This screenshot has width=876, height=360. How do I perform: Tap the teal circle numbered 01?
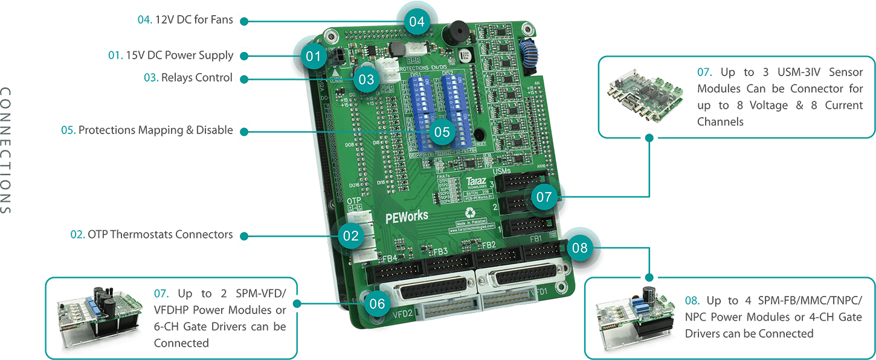tap(312, 57)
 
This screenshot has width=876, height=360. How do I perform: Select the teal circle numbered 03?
tap(366, 79)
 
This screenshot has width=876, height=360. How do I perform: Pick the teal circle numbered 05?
tap(442, 131)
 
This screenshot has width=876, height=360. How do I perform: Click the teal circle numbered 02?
tap(351, 235)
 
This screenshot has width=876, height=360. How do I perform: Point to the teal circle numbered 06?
tap(376, 304)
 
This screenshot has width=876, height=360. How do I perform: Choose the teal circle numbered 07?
tap(544, 196)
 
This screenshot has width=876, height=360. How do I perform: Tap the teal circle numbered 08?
tap(579, 247)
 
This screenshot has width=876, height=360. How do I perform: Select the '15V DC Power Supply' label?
tap(171, 56)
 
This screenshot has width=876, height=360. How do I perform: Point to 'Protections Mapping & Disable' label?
tap(147, 130)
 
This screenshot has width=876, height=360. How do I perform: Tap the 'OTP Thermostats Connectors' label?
tap(152, 234)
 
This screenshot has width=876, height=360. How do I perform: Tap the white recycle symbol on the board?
tap(470, 213)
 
